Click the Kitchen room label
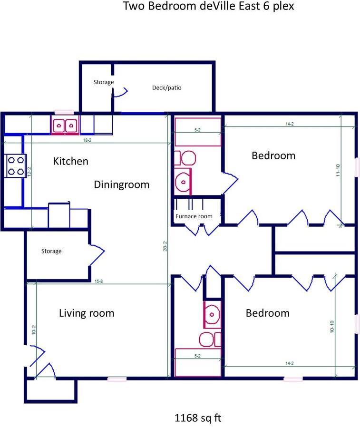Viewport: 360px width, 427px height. pyautogui.click(x=70, y=161)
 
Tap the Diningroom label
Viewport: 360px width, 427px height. pyautogui.click(x=122, y=184)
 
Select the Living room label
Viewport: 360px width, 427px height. pyautogui.click(x=87, y=313)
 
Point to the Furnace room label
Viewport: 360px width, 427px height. pyautogui.click(x=194, y=216)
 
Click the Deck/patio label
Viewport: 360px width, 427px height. pyautogui.click(x=166, y=87)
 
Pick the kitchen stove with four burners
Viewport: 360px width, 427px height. pyautogui.click(x=16, y=165)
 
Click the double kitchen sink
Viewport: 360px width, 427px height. pyautogui.click(x=65, y=125)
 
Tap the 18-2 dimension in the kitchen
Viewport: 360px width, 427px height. pyautogui.click(x=87, y=140)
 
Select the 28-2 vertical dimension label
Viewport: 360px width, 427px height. pyautogui.click(x=165, y=246)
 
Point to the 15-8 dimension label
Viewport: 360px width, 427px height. pyautogui.click(x=98, y=281)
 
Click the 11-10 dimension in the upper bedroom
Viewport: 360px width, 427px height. pyautogui.click(x=338, y=170)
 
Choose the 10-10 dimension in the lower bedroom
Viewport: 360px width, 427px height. pyautogui.click(x=331, y=326)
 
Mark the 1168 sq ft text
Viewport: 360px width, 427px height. pyautogui.click(x=198, y=418)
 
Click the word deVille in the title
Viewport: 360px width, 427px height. pyautogui.click(x=218, y=6)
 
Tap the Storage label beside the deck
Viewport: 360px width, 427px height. pyautogui.click(x=104, y=82)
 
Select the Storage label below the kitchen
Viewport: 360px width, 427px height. pyautogui.click(x=51, y=251)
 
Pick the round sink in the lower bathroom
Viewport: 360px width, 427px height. pyautogui.click(x=212, y=314)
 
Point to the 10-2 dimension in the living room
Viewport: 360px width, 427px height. pyautogui.click(x=33, y=330)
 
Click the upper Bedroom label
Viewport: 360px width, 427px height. pyautogui.click(x=273, y=156)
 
